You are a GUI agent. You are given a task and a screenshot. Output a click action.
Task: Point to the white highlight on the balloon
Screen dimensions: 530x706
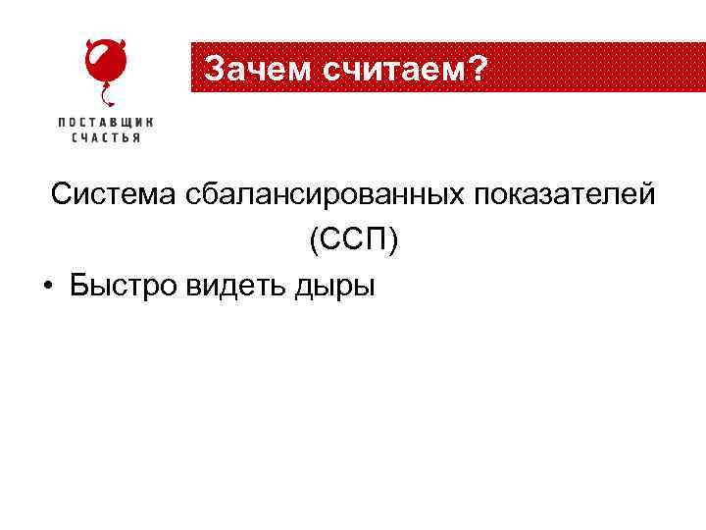pos(96,61)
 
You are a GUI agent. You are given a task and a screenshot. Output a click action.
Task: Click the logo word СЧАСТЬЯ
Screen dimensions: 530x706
pos(106,138)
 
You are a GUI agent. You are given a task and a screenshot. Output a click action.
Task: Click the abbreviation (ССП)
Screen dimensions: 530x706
pos(353,240)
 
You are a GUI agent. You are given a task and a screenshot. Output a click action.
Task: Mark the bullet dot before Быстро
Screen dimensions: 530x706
pos(47,287)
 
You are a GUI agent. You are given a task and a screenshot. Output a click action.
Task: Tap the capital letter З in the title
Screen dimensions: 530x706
pos(213,70)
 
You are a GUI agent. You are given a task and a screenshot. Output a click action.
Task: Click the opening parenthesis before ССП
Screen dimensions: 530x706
pos(312,241)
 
